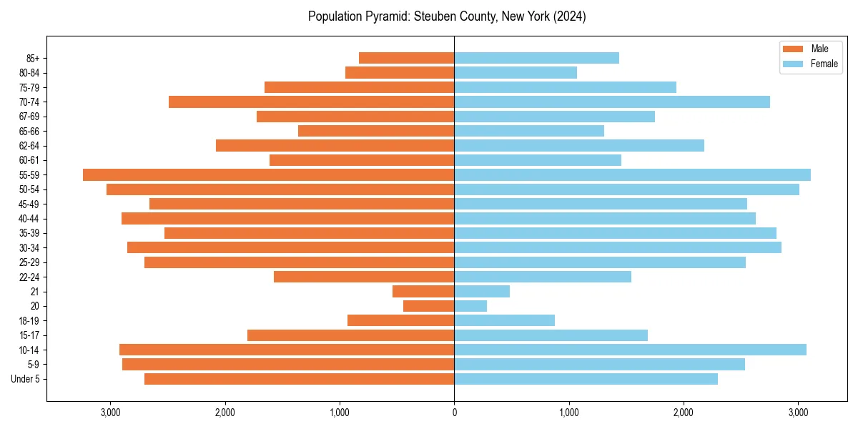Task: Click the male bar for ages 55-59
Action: [268, 174]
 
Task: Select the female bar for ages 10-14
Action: [630, 350]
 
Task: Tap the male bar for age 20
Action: [428, 306]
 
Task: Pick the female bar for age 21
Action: [482, 291]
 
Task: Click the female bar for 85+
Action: [536, 58]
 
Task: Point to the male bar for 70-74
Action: [311, 102]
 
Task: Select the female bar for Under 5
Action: [586, 379]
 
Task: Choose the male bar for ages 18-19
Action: [400, 320]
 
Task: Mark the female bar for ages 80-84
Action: [516, 72]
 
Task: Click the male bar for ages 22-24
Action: [364, 277]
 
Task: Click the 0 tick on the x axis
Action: [454, 413]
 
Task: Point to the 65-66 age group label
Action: [29, 131]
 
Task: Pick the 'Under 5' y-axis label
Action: [26, 379]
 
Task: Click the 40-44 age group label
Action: [29, 218]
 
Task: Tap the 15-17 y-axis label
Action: [29, 335]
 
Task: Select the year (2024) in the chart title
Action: [570, 16]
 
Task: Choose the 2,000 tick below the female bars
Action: [684, 413]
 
